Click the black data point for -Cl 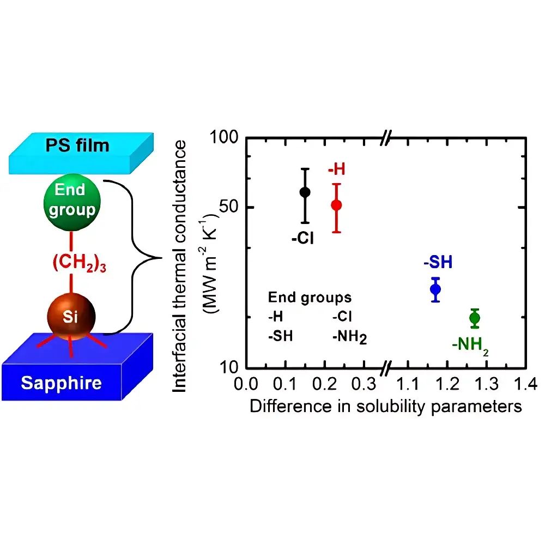tap(305, 192)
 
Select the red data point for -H tap(336, 205)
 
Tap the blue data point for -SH tap(435, 289)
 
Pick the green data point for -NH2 tap(475, 318)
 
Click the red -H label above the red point tap(336, 169)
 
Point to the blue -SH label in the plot tap(438, 262)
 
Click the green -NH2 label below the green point tap(470, 346)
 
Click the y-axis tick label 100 tap(224, 137)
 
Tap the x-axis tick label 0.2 tap(324, 384)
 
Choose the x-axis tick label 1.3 tap(486, 384)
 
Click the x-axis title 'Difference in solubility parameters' tap(386, 407)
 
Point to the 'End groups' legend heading tap(310, 298)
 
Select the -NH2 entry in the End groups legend tap(350, 337)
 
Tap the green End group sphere tap(72, 202)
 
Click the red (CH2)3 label tap(79, 263)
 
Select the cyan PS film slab tap(81, 153)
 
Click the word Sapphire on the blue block tap(61, 383)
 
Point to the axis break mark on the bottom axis tap(386, 368)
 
